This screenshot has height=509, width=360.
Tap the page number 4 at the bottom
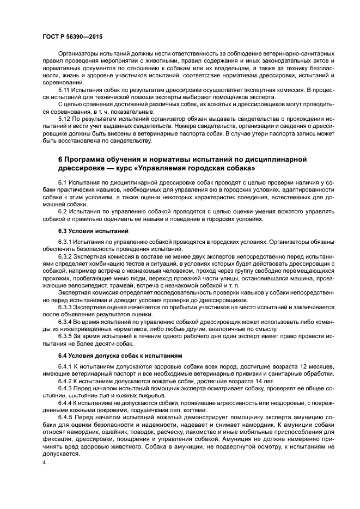(x=44, y=462)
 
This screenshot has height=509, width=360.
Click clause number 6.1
(x=63, y=181)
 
